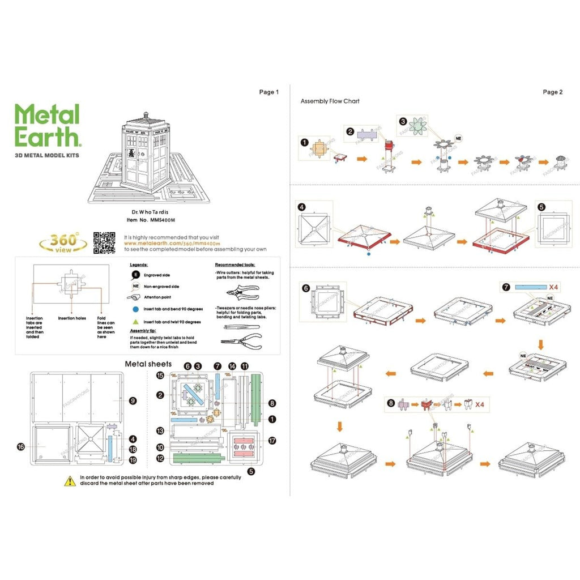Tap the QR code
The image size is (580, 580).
pos(104,242)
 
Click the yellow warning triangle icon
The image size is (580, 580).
pos(70,480)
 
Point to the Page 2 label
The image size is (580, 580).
pos(552,92)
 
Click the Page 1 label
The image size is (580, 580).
pos(269,92)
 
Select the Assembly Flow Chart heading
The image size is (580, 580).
pos(330,101)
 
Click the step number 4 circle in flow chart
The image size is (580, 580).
pos(302,207)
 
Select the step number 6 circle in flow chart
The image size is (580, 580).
pos(306,288)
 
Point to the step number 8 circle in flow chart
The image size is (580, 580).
pos(391,403)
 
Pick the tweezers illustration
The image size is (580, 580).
pos(238,326)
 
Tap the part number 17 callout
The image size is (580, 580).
pos(272,440)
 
